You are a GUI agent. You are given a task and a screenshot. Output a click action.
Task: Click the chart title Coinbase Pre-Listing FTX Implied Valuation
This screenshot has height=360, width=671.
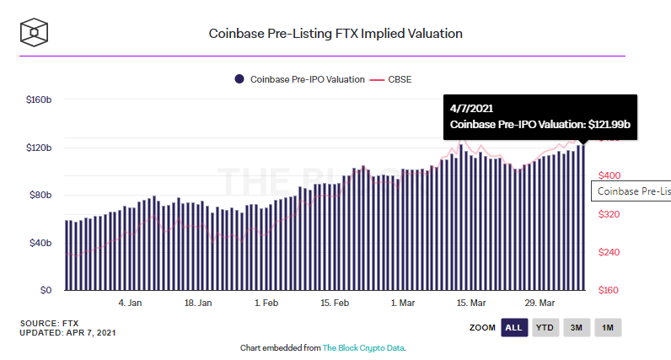(335, 34)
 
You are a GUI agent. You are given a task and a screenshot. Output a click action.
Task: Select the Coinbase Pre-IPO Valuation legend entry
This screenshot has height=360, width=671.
(299, 79)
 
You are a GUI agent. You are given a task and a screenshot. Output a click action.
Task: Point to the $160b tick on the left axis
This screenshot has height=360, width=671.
(39, 99)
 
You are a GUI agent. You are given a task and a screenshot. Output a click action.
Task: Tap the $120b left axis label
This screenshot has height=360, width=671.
(39, 148)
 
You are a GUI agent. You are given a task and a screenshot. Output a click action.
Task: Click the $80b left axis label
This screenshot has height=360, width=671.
(40, 196)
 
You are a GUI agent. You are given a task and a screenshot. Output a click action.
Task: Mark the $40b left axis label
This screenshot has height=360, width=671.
(40, 244)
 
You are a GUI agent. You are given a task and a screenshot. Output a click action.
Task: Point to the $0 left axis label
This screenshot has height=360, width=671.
(46, 291)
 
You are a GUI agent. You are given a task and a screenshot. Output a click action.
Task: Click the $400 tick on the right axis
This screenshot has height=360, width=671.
(609, 175)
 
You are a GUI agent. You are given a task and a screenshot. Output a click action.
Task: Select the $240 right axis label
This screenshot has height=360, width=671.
(609, 252)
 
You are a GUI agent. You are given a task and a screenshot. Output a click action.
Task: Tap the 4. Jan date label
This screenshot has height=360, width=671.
(130, 303)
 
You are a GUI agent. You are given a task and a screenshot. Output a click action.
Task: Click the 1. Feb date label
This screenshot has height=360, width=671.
(267, 303)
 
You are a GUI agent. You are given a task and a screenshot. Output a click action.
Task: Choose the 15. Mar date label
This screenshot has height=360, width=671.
(472, 303)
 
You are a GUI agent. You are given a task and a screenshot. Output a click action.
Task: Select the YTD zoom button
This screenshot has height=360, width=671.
(545, 327)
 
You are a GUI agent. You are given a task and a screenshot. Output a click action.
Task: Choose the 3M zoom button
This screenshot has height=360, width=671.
(576, 327)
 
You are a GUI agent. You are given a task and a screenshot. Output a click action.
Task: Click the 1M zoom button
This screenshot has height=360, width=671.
(607, 327)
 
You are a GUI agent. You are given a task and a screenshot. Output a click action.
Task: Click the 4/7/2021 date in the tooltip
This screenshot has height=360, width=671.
(472, 109)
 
